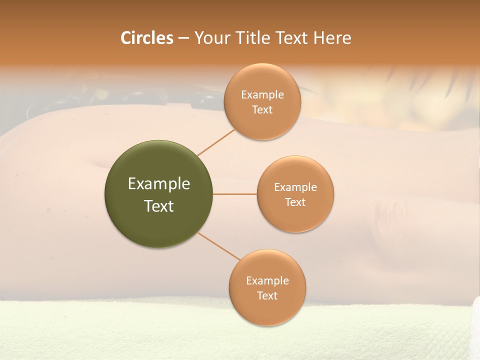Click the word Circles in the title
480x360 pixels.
(x=146, y=38)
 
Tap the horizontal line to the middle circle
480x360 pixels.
(x=235, y=194)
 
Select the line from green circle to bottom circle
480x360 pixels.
(x=218, y=246)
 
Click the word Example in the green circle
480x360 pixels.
(x=158, y=184)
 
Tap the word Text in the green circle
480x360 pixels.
(x=158, y=206)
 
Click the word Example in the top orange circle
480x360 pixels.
(x=262, y=95)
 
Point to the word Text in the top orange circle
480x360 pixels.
(x=262, y=110)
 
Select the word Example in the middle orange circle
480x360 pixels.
(x=295, y=187)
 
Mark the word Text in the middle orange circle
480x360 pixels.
(x=295, y=202)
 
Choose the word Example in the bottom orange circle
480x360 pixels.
(x=267, y=281)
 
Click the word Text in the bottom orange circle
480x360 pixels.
(x=267, y=296)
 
